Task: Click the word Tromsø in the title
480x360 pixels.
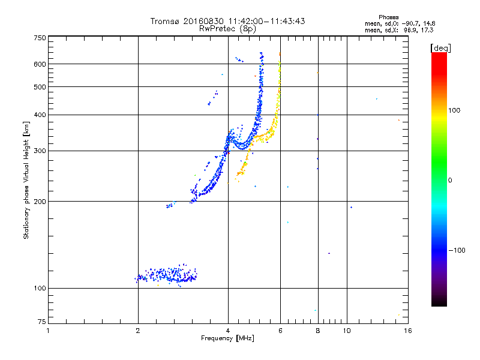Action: (165, 21)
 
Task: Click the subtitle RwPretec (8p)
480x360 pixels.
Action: (227, 29)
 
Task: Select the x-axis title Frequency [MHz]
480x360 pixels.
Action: (227, 338)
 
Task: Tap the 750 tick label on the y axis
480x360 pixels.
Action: (40, 38)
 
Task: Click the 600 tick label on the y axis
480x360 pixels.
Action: (40, 64)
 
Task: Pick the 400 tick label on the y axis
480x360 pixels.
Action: (40, 115)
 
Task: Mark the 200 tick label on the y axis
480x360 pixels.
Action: (40, 202)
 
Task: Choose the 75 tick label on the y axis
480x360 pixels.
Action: (42, 322)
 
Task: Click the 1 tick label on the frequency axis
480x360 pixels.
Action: (48, 331)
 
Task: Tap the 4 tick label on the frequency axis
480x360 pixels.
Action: (228, 331)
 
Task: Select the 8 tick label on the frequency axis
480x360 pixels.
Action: (318, 331)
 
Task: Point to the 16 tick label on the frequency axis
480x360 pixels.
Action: (408, 331)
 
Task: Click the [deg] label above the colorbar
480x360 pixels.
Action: (440, 48)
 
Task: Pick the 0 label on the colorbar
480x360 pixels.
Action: (450, 181)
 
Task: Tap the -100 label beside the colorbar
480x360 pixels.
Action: (457, 250)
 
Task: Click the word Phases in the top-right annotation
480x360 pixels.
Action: (388, 17)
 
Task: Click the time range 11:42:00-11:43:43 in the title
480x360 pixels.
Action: (266, 21)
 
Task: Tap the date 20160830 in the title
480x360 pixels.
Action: (203, 21)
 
